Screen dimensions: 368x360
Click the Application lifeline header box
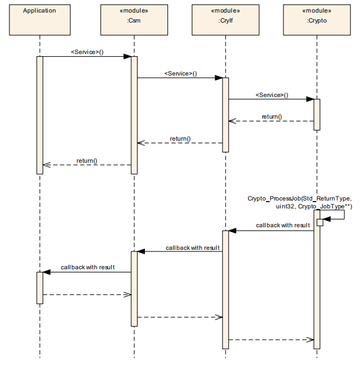tap(39, 19)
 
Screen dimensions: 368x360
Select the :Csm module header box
tap(134, 19)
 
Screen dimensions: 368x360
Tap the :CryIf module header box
tap(226, 19)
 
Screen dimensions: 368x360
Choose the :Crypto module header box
tap(317, 19)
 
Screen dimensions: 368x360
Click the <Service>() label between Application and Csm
tap(87, 52)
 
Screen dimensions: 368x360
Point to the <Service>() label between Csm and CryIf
tap(181, 73)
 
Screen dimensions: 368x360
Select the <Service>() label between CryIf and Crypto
tap(272, 95)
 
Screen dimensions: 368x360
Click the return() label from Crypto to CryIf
tap(272, 117)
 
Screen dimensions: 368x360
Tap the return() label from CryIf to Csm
tap(180, 139)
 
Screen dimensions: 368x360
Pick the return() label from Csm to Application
tap(87, 160)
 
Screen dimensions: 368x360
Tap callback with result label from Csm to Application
tap(88, 267)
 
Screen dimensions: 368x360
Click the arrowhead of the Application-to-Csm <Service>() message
tap(127, 57)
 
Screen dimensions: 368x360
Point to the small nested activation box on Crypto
tap(319, 222)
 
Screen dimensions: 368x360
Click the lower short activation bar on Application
tap(39, 287)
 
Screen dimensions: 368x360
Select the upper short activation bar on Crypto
tap(317, 114)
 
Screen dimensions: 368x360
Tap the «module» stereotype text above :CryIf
tap(226, 10)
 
